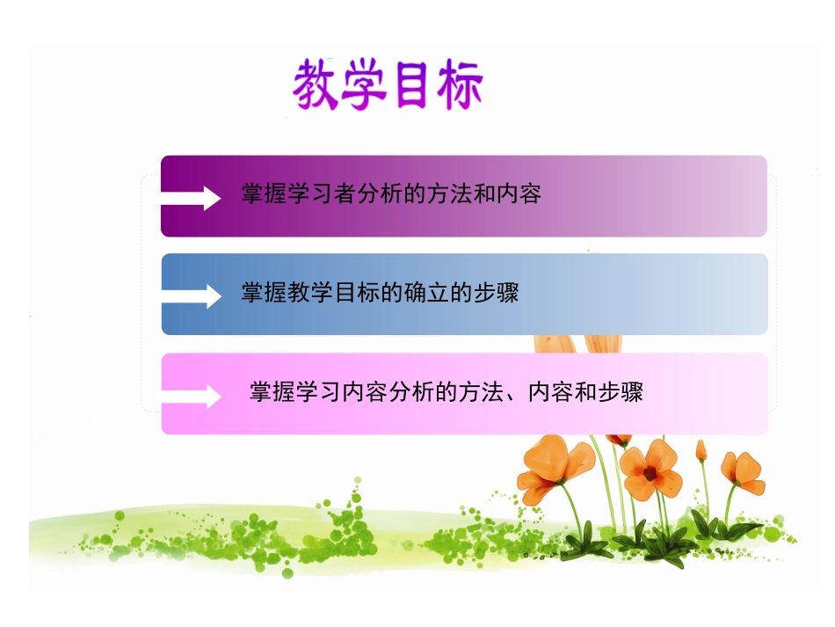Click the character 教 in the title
316,85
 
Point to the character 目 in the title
412,85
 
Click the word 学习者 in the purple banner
320,194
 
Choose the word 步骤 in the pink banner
621,391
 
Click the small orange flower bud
701,450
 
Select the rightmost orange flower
742,472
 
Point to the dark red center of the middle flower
650,473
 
